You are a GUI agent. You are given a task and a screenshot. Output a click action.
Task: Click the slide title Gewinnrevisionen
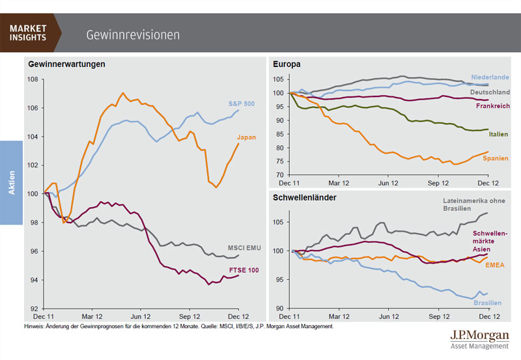point(133,34)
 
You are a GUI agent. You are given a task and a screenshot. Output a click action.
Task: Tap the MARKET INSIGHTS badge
point(29,32)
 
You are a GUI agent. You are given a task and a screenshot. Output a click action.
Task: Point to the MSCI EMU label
point(243,248)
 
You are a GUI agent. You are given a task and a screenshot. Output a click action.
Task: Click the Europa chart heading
point(287,64)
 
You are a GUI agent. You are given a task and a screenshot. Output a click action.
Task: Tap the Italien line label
point(498,134)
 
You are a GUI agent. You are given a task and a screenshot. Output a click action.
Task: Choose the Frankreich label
point(492,105)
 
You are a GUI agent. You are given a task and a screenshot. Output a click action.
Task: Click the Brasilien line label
point(486,303)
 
